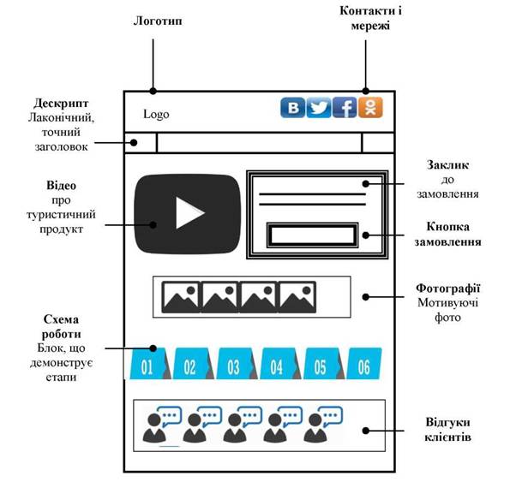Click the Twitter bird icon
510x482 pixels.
click(x=319, y=108)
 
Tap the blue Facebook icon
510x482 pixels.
click(x=345, y=108)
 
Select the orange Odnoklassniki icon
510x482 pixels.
click(x=370, y=108)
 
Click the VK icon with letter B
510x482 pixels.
click(x=293, y=108)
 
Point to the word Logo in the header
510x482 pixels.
click(x=157, y=115)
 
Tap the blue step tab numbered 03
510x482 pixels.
click(x=237, y=364)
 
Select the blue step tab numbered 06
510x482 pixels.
click(x=364, y=364)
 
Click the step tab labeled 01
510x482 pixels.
click(x=150, y=364)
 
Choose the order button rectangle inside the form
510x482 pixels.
click(x=313, y=235)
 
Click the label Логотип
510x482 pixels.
click(x=158, y=21)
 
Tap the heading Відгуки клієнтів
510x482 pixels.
click(x=447, y=430)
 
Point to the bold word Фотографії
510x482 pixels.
click(x=448, y=289)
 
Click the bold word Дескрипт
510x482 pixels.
click(x=61, y=104)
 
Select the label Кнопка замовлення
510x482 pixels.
click(x=447, y=235)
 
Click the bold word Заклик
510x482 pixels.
click(x=447, y=165)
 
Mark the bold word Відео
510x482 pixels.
click(x=61, y=186)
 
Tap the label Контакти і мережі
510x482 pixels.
click(x=370, y=18)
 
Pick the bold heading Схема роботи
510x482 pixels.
click(x=61, y=327)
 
